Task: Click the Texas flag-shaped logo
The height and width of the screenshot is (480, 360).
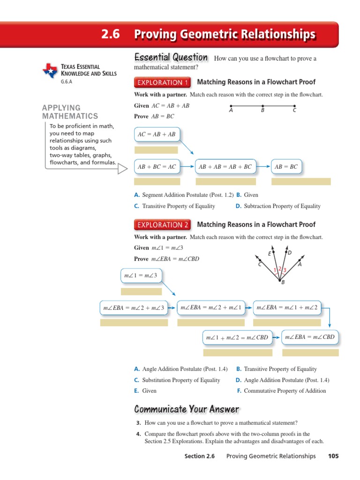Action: [x=50, y=70]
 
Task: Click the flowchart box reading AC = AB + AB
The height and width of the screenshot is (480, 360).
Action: [x=157, y=134]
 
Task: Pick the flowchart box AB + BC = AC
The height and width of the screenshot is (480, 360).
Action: [x=157, y=166]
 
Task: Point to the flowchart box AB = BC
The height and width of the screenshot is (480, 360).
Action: [x=286, y=166]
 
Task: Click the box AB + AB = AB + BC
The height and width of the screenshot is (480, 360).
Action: [x=225, y=166]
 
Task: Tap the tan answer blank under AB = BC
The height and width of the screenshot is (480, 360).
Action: [x=301, y=181]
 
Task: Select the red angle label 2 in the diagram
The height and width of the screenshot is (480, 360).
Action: [x=279, y=269]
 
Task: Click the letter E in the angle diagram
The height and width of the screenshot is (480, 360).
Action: [x=270, y=254]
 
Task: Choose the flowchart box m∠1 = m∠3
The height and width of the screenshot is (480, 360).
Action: [x=141, y=276]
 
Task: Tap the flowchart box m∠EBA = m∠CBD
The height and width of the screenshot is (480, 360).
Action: [x=310, y=337]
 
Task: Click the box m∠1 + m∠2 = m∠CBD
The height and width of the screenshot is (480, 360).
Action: [x=237, y=337]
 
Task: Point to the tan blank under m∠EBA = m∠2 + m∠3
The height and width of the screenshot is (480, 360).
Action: [x=134, y=322]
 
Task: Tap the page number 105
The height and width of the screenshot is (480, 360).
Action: [x=333, y=456]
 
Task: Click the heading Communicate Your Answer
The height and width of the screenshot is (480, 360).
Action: [x=187, y=409]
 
